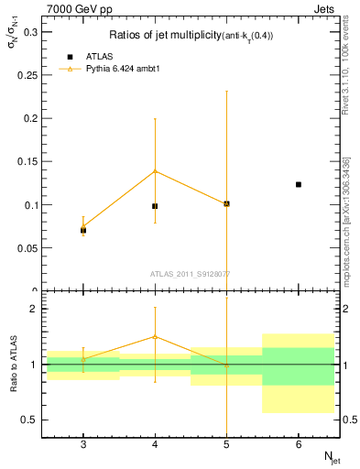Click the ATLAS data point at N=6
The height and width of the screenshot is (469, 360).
click(299, 184)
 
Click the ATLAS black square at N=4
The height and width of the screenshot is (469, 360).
click(155, 206)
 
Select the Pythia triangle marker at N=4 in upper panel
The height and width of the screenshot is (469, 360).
click(155, 170)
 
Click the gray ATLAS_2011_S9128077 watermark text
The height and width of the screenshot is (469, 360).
click(191, 273)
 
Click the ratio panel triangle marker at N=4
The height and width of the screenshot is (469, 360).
click(155, 336)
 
